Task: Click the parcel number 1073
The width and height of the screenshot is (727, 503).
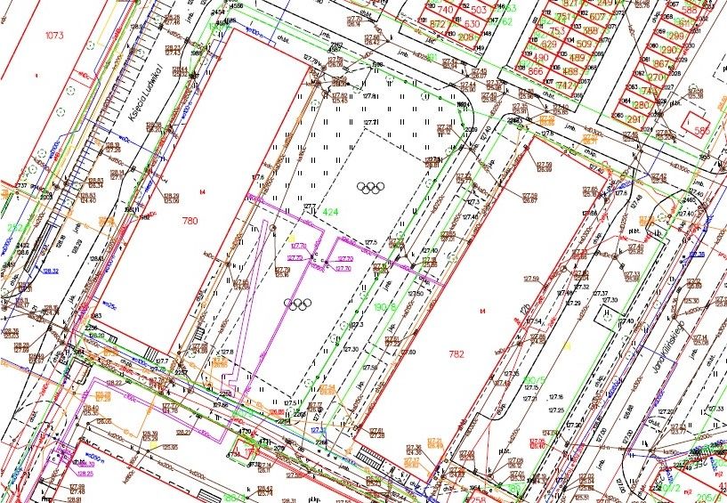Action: point(55,37)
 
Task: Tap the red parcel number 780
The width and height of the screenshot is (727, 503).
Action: point(190,220)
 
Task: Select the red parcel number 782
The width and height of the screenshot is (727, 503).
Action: point(456,353)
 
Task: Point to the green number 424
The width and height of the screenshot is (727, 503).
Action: point(330,212)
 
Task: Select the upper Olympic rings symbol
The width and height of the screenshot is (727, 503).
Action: point(369,187)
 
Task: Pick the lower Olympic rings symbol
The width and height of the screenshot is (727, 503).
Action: point(297,304)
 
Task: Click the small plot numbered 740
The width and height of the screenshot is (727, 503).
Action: point(445,9)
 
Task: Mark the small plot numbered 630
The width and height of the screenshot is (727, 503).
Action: point(472,23)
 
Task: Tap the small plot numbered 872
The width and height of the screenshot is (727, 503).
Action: point(437,24)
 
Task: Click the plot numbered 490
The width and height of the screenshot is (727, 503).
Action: point(540,57)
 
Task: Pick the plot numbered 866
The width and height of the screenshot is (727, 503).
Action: point(535,71)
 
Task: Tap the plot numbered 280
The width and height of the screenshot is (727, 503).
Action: point(641,105)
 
